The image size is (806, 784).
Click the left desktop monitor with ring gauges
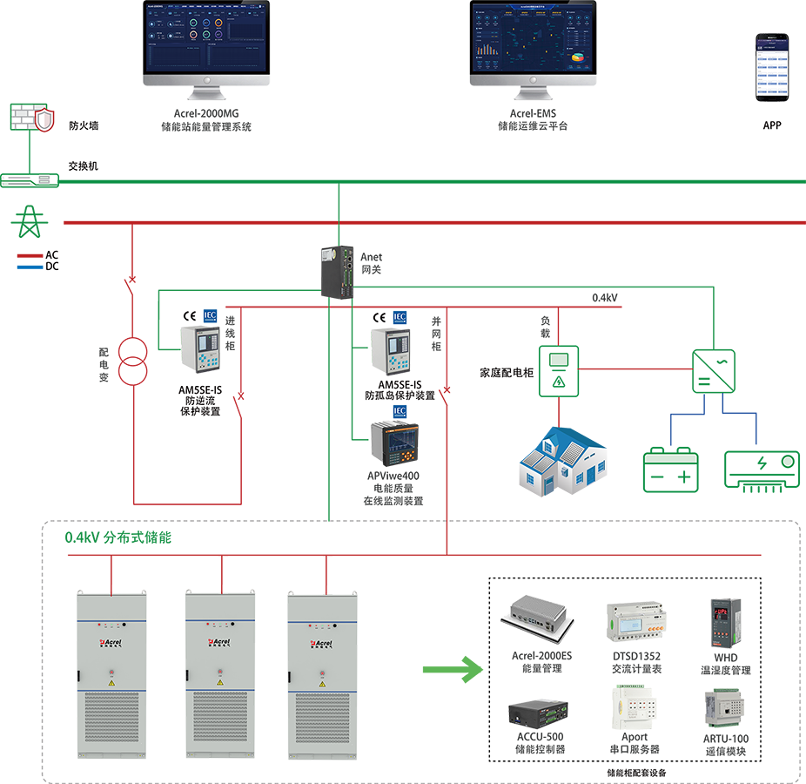pos(206,40)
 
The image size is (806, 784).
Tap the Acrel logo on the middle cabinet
pos(218,644)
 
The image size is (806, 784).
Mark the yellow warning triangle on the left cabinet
pos(111,684)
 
